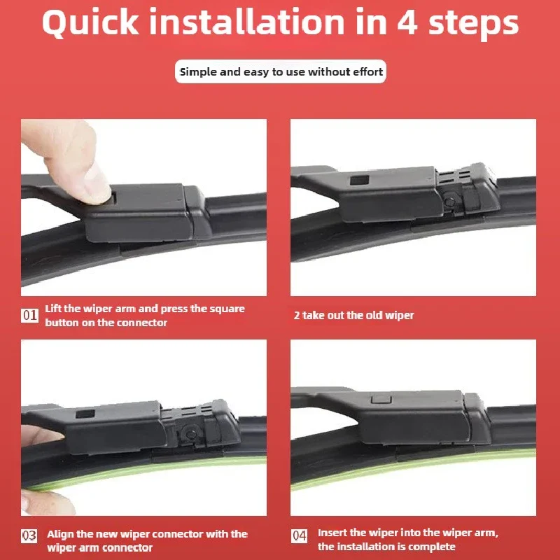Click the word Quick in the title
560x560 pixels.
[x=90, y=23]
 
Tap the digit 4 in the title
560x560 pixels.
[x=407, y=23]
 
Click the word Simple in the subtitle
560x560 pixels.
[x=199, y=73]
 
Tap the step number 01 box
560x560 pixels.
[x=29, y=316]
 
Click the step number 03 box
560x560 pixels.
[x=29, y=535]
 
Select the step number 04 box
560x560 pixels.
[x=300, y=535]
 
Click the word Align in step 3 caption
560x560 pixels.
[x=60, y=534]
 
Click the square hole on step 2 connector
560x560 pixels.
[x=359, y=180]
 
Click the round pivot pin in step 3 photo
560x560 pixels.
[x=191, y=434]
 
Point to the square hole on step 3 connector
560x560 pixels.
[x=85, y=414]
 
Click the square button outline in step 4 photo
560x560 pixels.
[x=381, y=399]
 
